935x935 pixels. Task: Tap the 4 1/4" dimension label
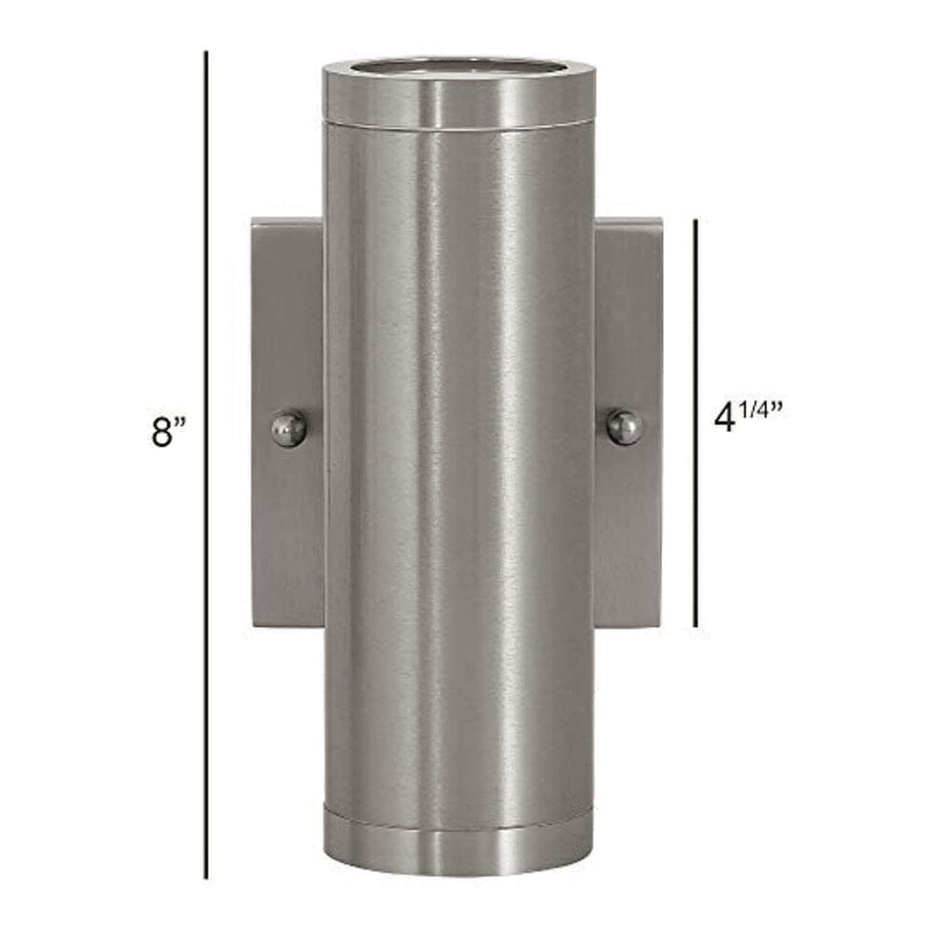(748, 416)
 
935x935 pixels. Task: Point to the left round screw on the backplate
(289, 427)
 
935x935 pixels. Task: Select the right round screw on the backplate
(625, 427)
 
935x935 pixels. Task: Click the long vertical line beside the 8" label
(207, 465)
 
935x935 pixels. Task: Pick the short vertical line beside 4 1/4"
(696, 424)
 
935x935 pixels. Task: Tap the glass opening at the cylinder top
(458, 69)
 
